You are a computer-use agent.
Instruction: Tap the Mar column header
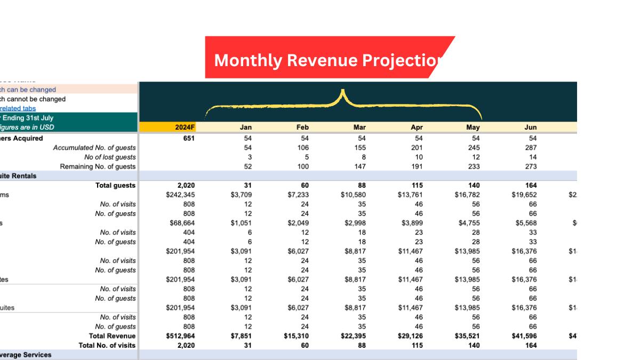[359, 127]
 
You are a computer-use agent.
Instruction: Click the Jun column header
[530, 127]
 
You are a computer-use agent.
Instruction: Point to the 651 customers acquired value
[187, 138]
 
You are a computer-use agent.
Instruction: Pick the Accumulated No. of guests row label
[94, 148]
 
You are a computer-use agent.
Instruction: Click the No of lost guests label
[110, 157]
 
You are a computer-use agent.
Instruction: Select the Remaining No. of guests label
[98, 166]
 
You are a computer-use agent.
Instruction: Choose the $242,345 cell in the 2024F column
[180, 195]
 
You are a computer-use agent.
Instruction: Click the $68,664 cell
[182, 223]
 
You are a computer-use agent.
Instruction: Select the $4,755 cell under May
[469, 223]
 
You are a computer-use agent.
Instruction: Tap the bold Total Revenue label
[112, 336]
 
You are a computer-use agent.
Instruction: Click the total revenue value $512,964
[180, 336]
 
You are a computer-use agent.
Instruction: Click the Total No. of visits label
[107, 346]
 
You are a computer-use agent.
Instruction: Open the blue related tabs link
[18, 108]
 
